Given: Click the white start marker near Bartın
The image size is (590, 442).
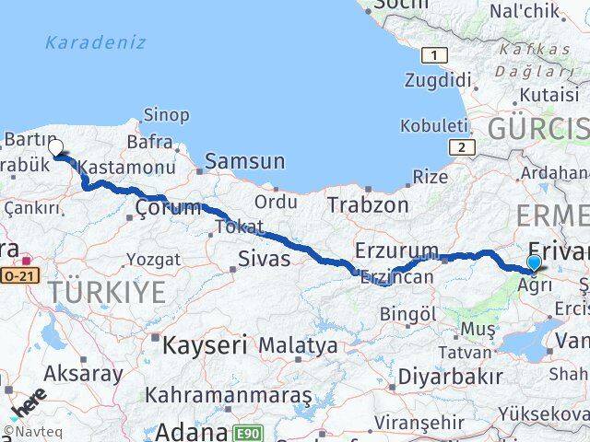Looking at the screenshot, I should point(55,147).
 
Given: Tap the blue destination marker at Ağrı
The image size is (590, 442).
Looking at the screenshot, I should point(533,263).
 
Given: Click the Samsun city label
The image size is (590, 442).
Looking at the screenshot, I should point(244,161).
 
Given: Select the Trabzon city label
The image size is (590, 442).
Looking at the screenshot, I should point(367,205).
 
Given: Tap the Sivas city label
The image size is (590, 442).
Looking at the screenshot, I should point(265,259).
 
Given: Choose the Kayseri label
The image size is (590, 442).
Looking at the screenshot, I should point(205,346).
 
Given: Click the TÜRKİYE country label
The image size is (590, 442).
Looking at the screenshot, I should point(108,293).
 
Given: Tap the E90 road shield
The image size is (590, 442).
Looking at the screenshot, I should point(246,433).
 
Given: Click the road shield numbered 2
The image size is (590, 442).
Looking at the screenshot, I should point(459,146).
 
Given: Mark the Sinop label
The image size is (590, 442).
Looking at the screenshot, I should point(166,115).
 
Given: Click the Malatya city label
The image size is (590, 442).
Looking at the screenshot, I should point(298,346).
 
